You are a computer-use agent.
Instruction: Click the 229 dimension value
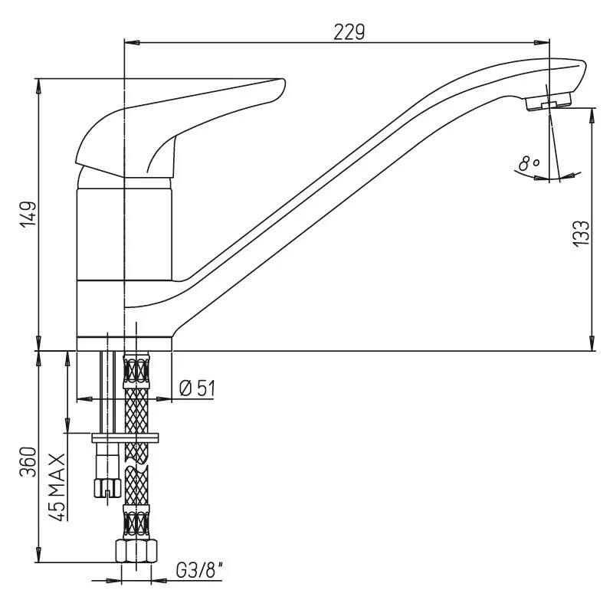coord(349,32)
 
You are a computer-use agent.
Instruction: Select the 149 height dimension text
coord(28,214)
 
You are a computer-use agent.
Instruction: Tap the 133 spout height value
coord(582,234)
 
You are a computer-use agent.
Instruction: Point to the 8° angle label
coord(529,163)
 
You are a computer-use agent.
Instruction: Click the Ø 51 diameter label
coord(197,388)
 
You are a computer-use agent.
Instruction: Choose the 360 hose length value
coord(28,462)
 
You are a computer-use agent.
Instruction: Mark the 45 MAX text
coord(57,487)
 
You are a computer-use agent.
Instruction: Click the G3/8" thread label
coord(200,571)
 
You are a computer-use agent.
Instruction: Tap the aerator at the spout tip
coord(549,101)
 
